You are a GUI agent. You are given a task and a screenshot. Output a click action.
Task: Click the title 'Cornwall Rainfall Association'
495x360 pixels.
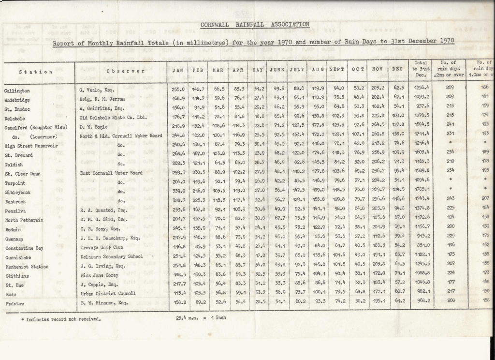click(x=255, y=24)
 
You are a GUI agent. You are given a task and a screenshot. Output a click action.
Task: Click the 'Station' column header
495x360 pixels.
click(x=36, y=72)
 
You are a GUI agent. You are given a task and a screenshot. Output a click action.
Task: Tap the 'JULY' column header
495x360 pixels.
click(x=297, y=70)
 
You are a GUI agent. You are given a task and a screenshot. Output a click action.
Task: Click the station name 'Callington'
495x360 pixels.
click(x=17, y=91)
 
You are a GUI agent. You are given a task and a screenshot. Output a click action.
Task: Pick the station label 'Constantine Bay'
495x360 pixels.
click(x=24, y=248)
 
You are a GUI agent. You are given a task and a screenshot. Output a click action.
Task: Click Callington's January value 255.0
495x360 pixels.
click(x=178, y=88)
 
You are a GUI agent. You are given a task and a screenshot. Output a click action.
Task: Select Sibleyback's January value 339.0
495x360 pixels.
click(x=178, y=191)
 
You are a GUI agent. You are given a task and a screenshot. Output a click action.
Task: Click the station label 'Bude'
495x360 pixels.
click(x=11, y=294)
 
